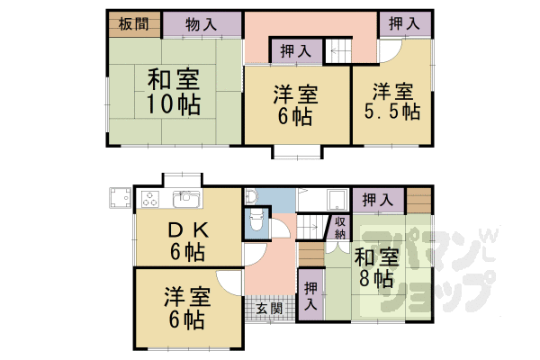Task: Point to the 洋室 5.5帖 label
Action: tap(392, 100)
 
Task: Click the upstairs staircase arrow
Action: tap(337, 51)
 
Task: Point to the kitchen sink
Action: tap(185, 197)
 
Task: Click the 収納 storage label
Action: tap(340, 227)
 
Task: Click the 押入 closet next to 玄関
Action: tap(310, 296)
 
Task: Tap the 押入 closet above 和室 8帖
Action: tap(376, 200)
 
